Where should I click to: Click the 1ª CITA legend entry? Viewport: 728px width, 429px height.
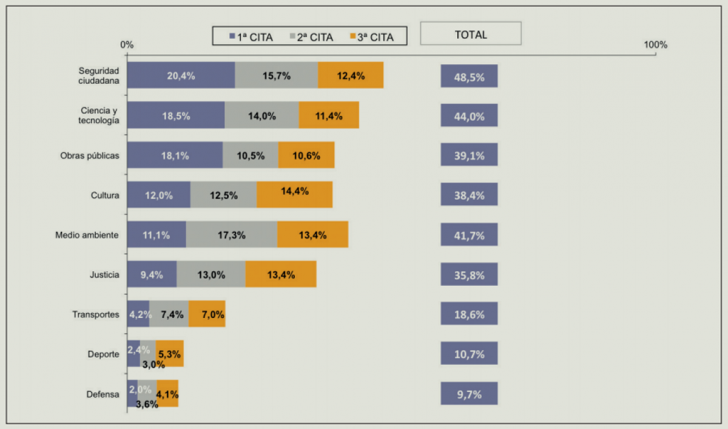pos(251,37)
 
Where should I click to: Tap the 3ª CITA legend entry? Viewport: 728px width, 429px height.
pos(371,37)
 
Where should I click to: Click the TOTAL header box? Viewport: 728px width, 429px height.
pos(470,34)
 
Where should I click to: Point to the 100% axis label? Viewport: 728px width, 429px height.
pos(655,45)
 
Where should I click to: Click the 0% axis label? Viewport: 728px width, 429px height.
pos(127,45)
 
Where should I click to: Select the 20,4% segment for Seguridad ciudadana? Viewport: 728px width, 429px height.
pos(181,75)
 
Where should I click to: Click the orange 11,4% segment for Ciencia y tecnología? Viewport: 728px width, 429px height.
pos(329,115)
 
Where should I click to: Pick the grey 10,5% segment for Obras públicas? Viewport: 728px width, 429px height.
pos(251,155)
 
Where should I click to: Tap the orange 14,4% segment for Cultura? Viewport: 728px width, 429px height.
pos(294,195)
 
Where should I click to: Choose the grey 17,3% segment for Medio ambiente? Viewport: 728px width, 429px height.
pos(232,235)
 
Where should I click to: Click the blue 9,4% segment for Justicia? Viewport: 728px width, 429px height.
pos(152,274)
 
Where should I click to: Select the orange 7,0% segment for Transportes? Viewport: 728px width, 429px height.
pos(207,314)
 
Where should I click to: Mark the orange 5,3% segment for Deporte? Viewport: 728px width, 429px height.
pos(169,354)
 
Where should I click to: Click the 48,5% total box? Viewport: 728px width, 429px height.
pos(469,76)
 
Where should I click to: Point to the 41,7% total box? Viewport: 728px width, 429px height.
pos(469,235)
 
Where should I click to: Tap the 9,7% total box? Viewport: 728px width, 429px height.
pos(469,394)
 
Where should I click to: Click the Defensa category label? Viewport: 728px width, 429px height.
pos(103,394)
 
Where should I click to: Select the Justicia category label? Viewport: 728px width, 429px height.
pos(104,275)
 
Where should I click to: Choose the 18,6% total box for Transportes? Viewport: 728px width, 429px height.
pos(469,314)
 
